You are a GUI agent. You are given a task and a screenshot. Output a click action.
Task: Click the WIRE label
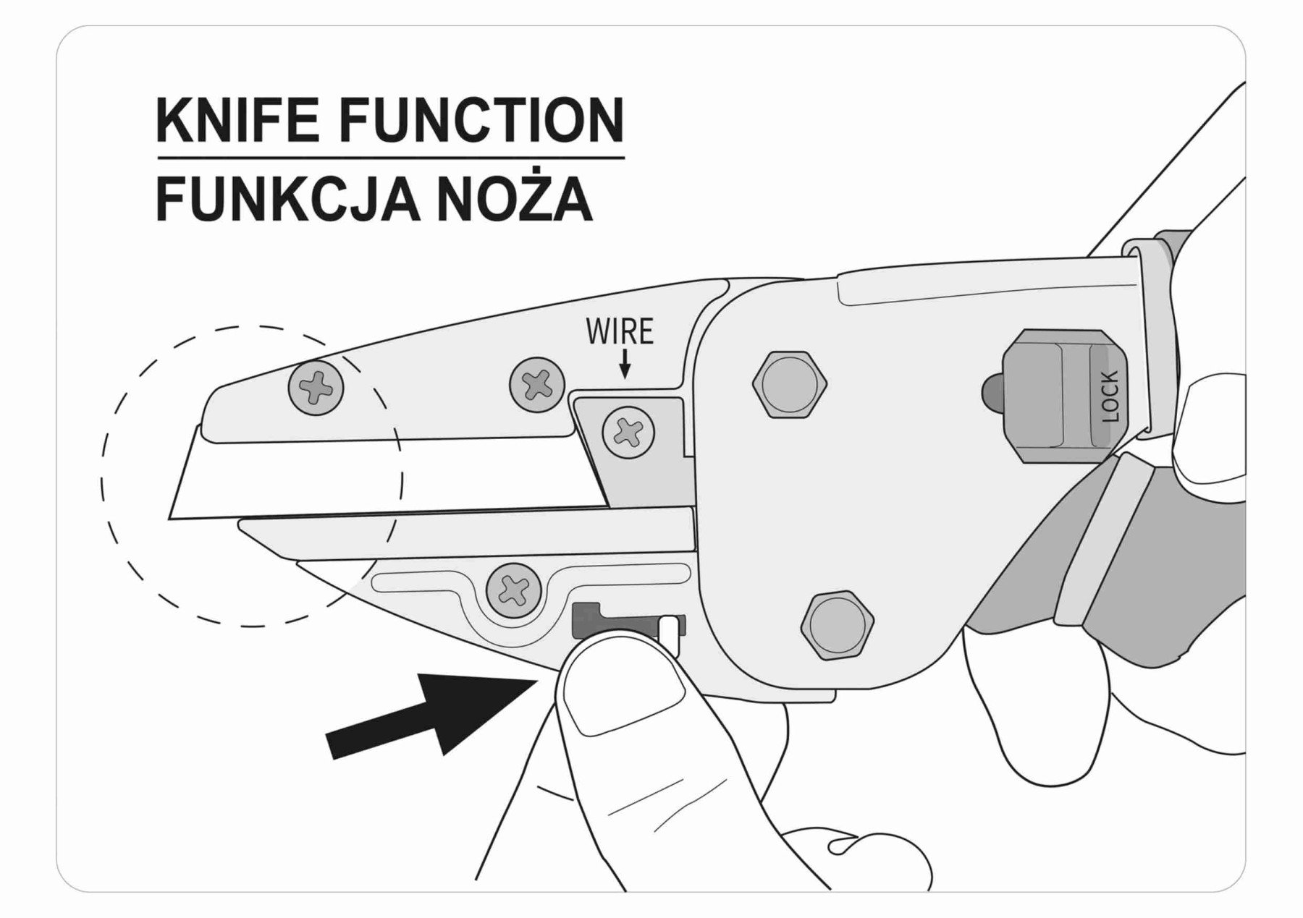(x=620, y=332)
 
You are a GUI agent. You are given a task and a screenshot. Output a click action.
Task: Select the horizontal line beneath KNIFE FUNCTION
(x=390, y=157)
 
